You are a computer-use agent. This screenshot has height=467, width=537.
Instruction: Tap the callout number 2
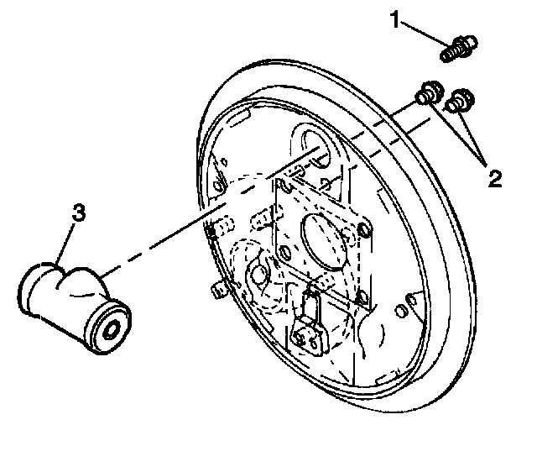494,177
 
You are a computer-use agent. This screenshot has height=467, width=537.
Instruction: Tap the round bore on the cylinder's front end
111,328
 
